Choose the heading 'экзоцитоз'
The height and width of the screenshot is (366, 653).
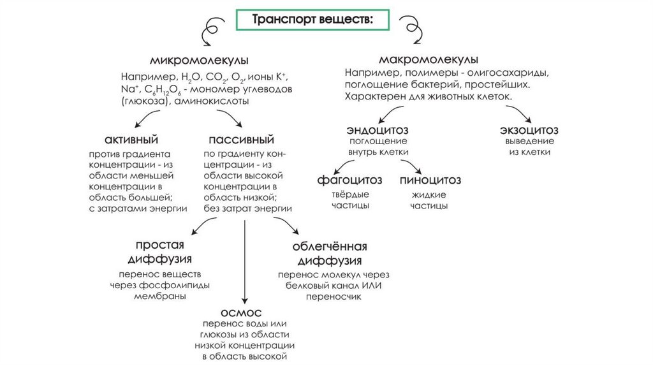tap(530, 130)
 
